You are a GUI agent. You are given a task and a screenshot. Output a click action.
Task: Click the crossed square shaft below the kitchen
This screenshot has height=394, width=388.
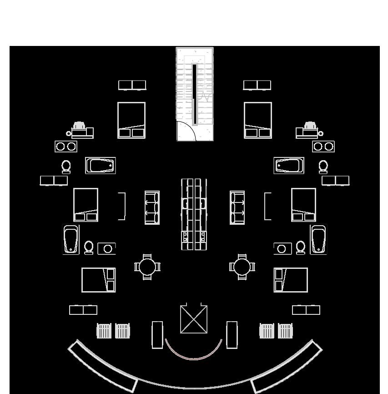point(194,319)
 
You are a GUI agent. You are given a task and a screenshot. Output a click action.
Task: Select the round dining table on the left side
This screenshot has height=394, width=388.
point(147,267)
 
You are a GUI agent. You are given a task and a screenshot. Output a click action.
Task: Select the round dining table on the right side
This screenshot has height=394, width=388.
point(242,267)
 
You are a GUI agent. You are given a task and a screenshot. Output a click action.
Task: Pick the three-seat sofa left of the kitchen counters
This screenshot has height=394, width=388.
point(152,207)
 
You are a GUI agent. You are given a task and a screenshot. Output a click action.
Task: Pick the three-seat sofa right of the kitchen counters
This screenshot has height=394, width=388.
point(237,207)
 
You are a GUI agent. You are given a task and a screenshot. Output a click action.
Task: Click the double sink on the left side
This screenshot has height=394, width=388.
point(66,146)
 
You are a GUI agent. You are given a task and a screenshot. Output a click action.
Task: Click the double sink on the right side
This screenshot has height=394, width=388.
point(323,146)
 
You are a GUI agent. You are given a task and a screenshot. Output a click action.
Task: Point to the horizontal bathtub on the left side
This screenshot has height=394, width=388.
point(101,166)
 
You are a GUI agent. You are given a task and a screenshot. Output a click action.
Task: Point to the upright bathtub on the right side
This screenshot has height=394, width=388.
point(318,239)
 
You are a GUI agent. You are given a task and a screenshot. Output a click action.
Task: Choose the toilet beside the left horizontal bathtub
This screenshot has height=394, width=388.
point(66,167)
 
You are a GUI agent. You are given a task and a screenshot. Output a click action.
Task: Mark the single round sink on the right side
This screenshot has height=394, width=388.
point(282,248)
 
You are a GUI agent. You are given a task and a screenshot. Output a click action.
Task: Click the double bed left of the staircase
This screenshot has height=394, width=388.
point(131,120)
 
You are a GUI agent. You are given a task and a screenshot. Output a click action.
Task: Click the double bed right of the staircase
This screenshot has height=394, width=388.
point(258,120)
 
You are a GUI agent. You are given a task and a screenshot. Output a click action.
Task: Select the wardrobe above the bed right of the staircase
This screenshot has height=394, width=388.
point(257,85)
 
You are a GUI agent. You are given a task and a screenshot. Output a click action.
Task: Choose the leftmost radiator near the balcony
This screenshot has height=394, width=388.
point(104,331)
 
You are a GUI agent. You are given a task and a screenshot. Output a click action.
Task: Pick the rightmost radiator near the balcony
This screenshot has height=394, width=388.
point(285,331)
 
